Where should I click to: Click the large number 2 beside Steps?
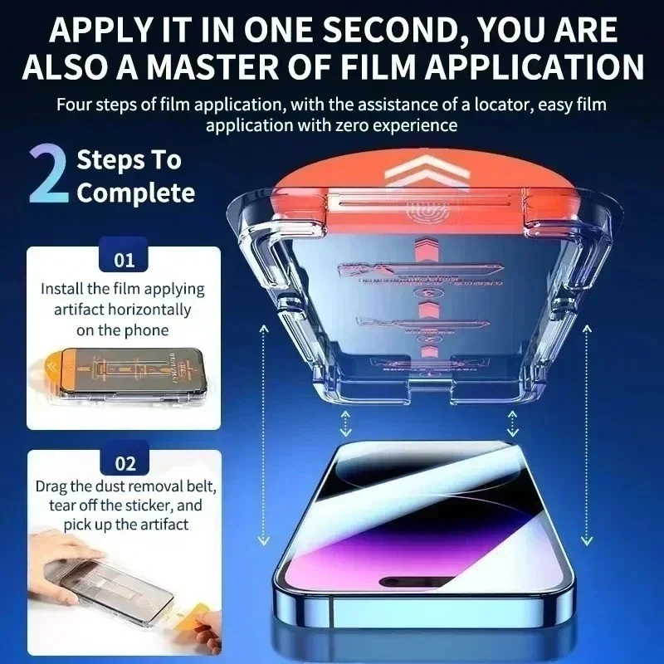pyautogui.click(x=47, y=176)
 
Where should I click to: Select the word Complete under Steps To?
pyautogui.click(x=135, y=193)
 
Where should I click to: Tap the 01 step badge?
pyautogui.click(x=124, y=260)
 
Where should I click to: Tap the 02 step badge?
pyautogui.click(x=124, y=463)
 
